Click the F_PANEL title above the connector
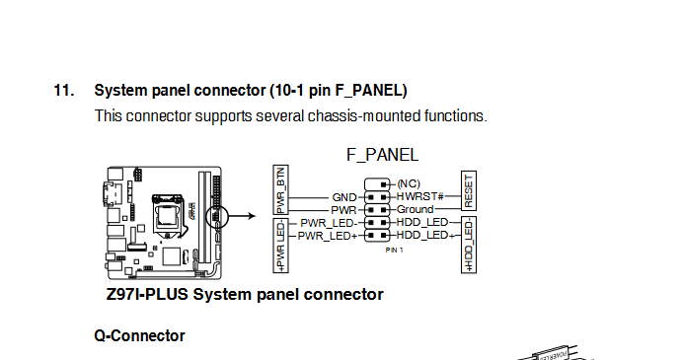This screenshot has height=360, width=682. pos(382,155)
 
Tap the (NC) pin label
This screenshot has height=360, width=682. pos(409,183)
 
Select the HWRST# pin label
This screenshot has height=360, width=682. pos(419,196)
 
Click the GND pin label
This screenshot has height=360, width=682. pos(344,198)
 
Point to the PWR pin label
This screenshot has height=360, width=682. pos(343,210)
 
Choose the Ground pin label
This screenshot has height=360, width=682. pos(415,209)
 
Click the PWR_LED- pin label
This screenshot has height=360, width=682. pos(329,223)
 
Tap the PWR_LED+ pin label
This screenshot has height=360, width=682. pos(328,236)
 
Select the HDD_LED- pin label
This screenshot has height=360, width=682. pos(422,222)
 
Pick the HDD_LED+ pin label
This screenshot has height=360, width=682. pos(425,235)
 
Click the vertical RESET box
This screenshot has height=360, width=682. pos(469,191)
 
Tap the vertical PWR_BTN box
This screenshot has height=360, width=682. pos(280,189)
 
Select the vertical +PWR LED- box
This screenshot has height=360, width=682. pos(280,246)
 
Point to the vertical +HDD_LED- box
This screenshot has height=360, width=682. pos(469,245)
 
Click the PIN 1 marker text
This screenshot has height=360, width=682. pos(394,250)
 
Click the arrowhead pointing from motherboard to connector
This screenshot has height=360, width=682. pos(252,216)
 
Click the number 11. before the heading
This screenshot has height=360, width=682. pos(64,91)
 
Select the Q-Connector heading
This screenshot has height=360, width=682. pos(139,335)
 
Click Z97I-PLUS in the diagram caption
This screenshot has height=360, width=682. pos(147,294)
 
